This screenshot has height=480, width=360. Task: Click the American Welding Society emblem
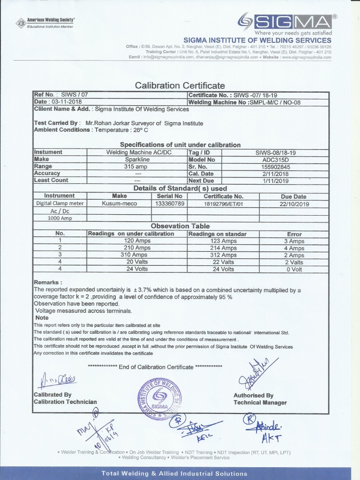(21, 22)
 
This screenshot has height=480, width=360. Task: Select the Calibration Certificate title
(180, 86)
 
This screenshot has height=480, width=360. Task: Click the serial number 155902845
(276, 166)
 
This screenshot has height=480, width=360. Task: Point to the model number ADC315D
(276, 159)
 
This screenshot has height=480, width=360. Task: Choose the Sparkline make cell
(137, 159)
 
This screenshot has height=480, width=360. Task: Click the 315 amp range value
(137, 166)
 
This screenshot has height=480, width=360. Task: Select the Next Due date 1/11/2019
(276, 180)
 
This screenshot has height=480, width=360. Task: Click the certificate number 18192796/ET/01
(223, 203)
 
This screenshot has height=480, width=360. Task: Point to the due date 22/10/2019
(293, 203)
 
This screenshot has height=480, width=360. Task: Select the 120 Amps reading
(137, 241)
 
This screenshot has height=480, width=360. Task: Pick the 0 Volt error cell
(294, 269)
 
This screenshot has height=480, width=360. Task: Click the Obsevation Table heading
(180, 226)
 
